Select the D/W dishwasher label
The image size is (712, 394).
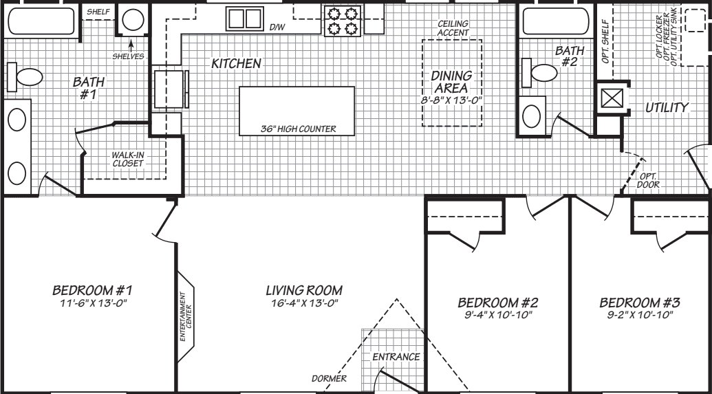[x=277, y=28]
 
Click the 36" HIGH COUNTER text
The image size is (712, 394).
[x=296, y=128]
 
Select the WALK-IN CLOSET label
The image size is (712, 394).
[x=127, y=159]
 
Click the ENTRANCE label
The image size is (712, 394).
[x=396, y=357]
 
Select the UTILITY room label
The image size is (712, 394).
[x=667, y=108]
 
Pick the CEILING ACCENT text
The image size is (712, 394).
[x=453, y=28]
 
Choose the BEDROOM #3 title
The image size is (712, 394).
[x=639, y=303]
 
